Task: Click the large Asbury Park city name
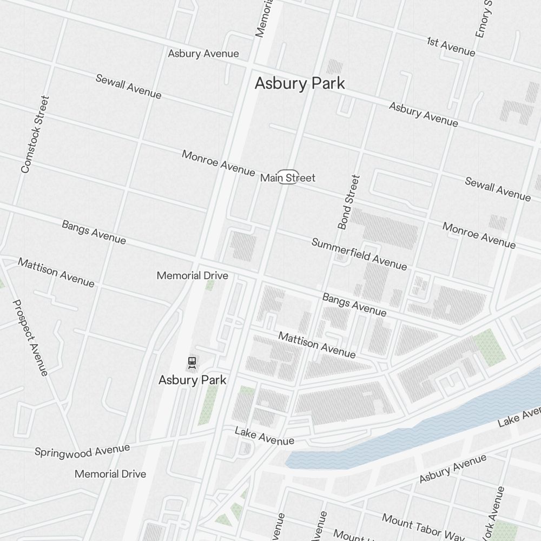coord(300,83)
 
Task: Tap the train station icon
coord(192,362)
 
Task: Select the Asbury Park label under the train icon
coord(192,380)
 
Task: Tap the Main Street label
coord(287,177)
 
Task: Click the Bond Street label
coord(348,202)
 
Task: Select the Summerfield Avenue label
coord(359,253)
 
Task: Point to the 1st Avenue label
coord(451,47)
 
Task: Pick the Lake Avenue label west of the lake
coord(264,436)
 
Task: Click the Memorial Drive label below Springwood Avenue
coord(110,474)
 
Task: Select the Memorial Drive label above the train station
coord(192,275)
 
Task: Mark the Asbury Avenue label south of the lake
coord(452,469)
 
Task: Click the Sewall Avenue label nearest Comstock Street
coord(128,86)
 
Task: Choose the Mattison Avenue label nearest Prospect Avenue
coord(56,272)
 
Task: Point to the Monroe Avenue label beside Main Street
coord(218,163)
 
